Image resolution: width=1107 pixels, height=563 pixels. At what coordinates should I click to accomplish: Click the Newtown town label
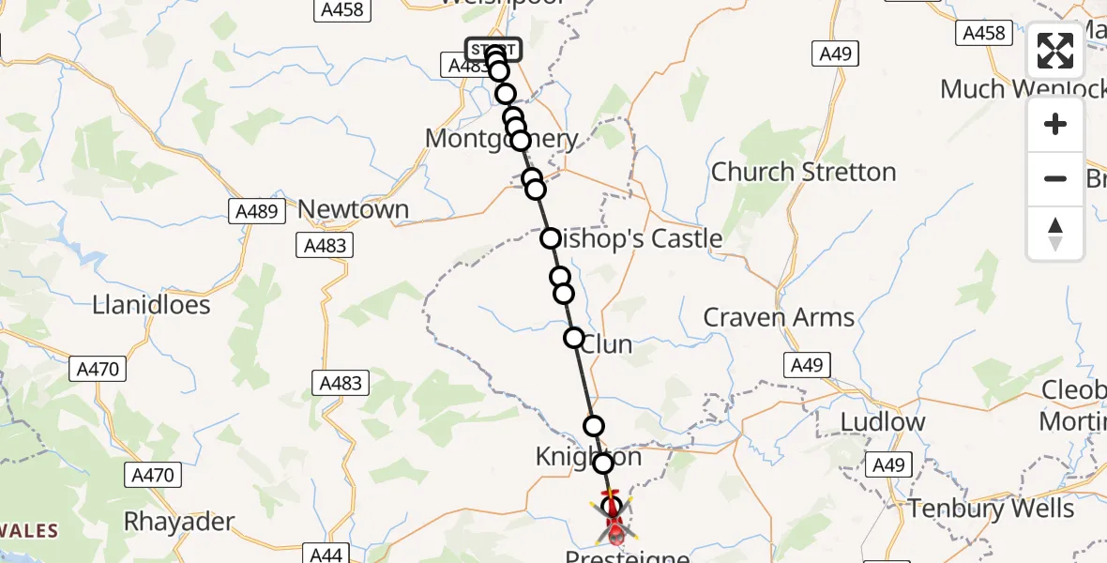(x=354, y=209)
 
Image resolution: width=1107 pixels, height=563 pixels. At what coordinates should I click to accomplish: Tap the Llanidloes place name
(x=152, y=305)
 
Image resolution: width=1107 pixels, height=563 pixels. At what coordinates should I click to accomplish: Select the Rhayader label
(x=179, y=521)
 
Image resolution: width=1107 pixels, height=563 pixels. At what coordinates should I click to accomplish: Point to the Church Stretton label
(x=804, y=172)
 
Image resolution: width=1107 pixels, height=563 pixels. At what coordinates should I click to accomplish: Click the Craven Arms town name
(x=779, y=317)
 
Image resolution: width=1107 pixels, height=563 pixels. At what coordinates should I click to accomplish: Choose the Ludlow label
(x=883, y=422)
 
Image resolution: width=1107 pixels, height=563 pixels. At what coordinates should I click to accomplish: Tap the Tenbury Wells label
(x=991, y=509)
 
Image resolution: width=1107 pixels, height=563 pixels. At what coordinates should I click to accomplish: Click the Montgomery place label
(x=502, y=139)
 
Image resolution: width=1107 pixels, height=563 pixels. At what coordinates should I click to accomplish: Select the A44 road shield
(x=326, y=555)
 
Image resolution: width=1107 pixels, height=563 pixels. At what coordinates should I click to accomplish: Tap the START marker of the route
(x=493, y=49)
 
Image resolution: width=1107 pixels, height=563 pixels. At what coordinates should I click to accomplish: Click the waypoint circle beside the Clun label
(x=573, y=338)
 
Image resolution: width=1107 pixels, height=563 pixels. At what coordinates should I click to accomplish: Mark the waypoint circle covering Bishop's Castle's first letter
(x=551, y=239)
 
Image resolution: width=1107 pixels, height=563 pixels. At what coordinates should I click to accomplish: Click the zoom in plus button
(x=1055, y=125)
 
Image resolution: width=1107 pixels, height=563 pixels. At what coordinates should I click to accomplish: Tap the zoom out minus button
(x=1055, y=178)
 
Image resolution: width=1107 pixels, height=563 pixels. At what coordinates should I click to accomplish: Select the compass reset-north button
(x=1055, y=233)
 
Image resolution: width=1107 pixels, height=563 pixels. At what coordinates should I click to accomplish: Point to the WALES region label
(x=28, y=531)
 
